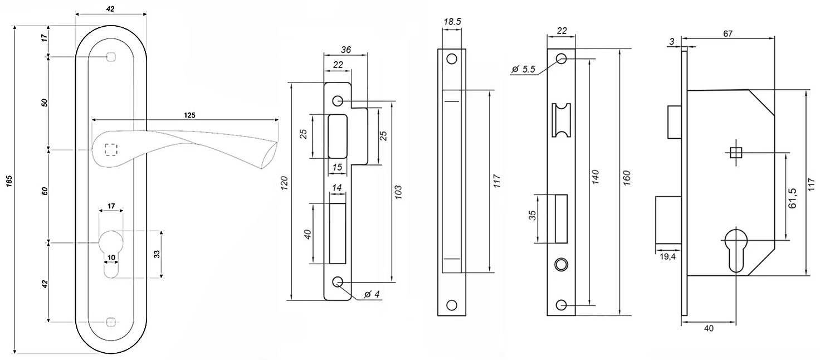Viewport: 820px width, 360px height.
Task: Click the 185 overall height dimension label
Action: click(x=9, y=181)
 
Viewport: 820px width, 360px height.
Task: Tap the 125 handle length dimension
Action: click(x=189, y=115)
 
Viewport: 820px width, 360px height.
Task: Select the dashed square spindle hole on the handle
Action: click(x=111, y=150)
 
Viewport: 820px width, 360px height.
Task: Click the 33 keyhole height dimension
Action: click(x=157, y=254)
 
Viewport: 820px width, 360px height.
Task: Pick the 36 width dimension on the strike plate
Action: click(x=345, y=50)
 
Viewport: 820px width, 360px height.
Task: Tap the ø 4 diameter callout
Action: click(x=372, y=294)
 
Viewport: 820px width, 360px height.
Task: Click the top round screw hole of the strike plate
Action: click(x=338, y=100)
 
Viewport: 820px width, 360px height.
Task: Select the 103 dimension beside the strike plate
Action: click(x=398, y=192)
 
